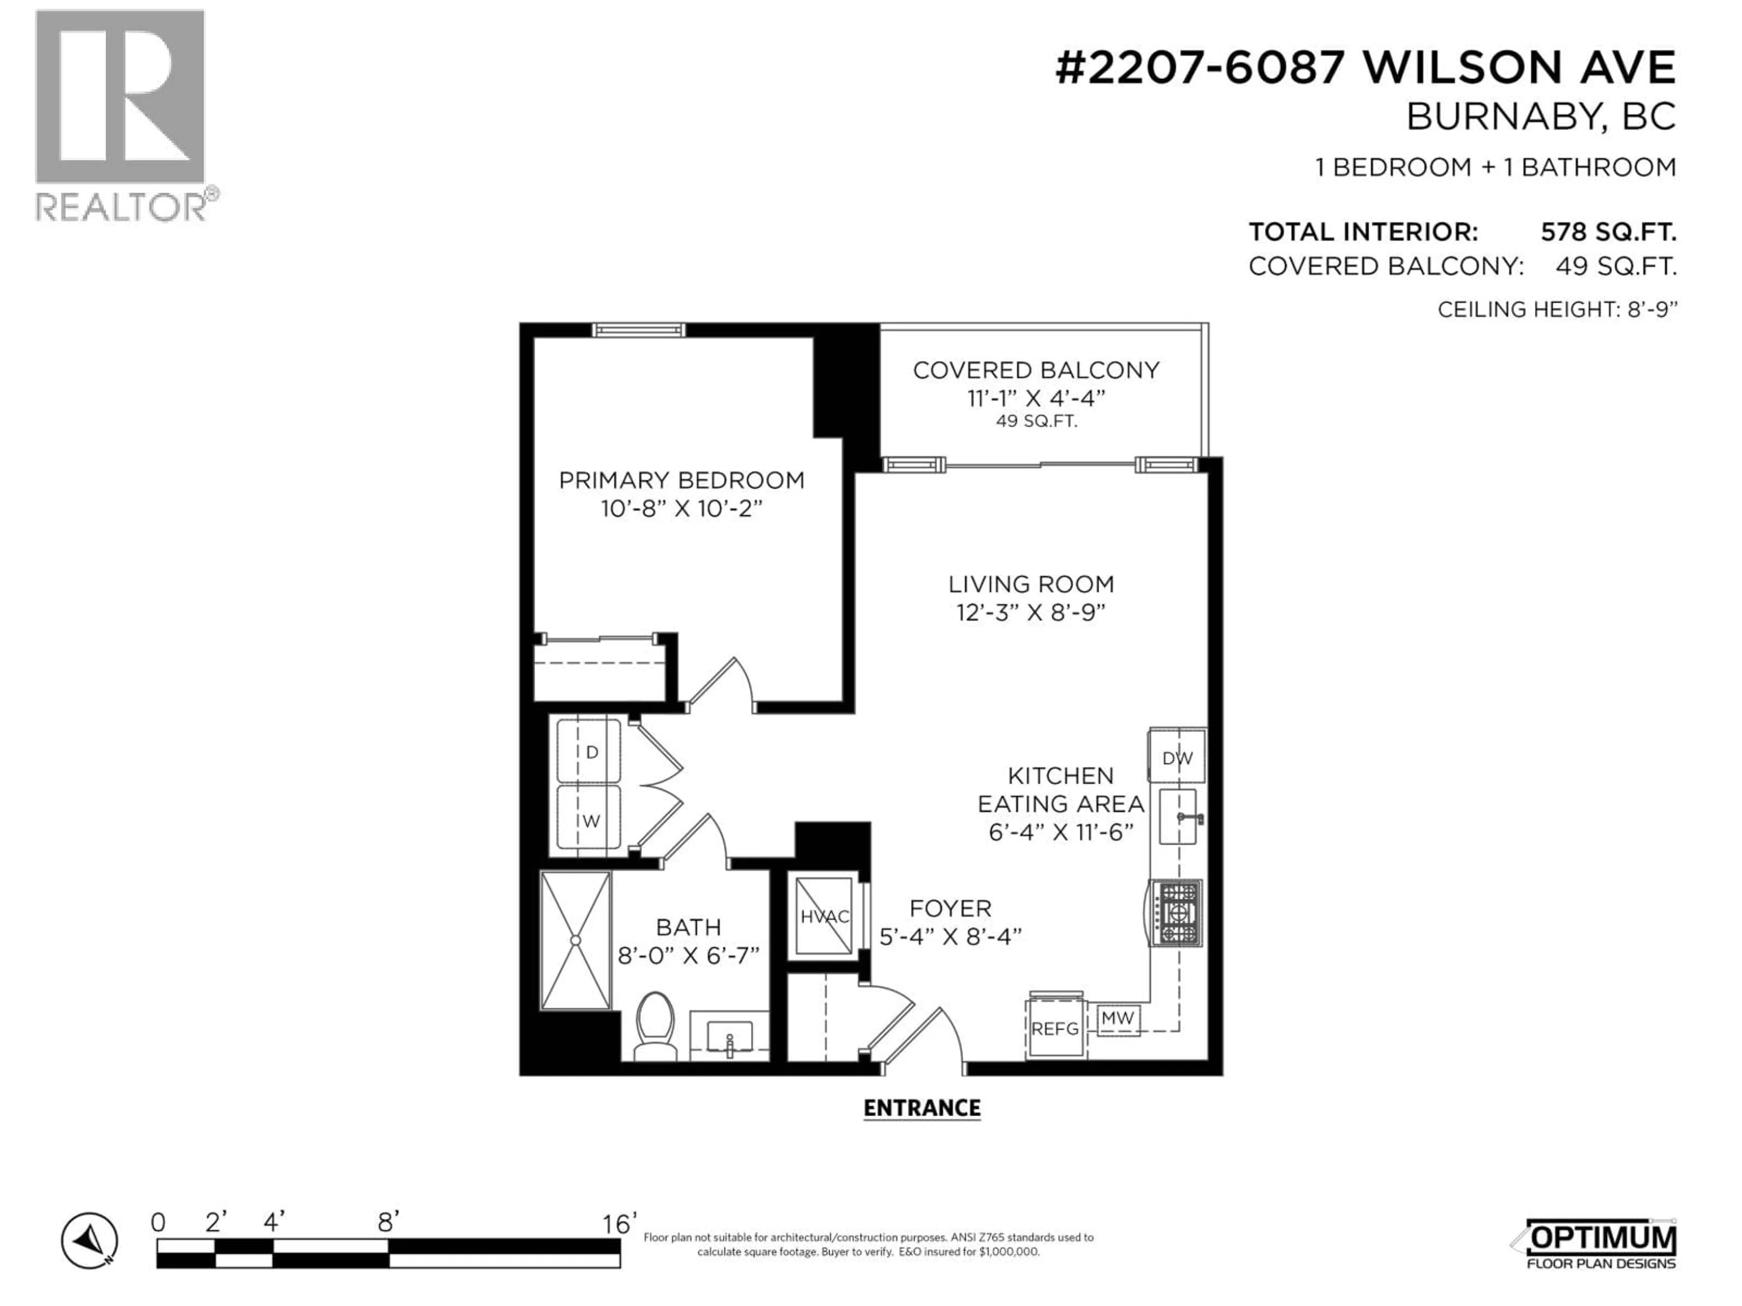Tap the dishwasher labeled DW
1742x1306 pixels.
1177,757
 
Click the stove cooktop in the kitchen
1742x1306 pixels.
1177,913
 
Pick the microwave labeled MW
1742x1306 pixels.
1117,1018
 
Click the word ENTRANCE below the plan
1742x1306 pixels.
921,1108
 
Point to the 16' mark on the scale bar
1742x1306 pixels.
619,1224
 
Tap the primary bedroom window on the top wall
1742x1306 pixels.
639,330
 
